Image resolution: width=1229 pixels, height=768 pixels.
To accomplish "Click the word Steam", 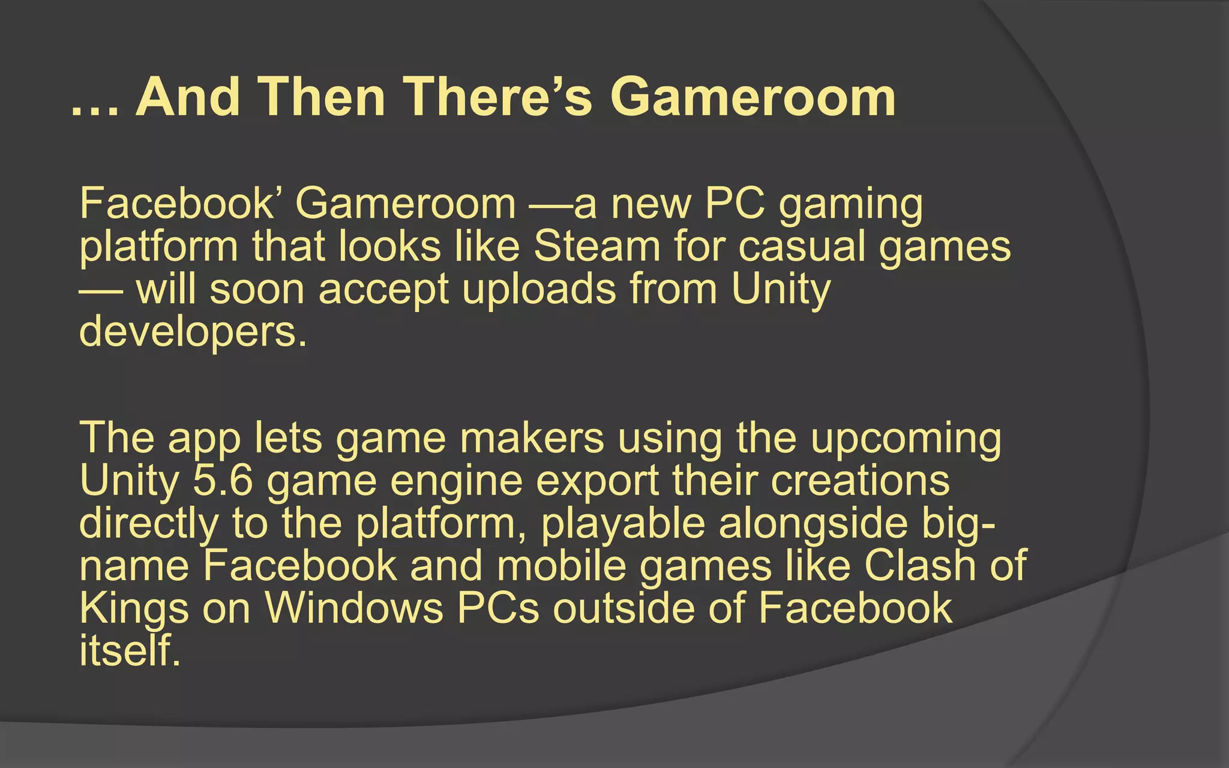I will [x=596, y=247].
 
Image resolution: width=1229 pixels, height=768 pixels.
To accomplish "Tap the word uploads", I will [x=539, y=289].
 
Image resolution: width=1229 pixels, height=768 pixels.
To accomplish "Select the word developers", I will [x=193, y=332].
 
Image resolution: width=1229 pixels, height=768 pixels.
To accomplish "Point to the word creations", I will [x=860, y=481].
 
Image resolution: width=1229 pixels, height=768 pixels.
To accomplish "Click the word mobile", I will [x=561, y=566].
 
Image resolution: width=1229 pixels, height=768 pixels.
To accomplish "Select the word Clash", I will [x=919, y=566].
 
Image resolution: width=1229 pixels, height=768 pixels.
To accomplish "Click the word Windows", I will [x=354, y=608].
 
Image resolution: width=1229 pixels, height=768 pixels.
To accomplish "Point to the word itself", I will [x=130, y=650].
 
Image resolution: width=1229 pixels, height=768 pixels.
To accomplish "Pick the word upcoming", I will [x=906, y=439].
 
